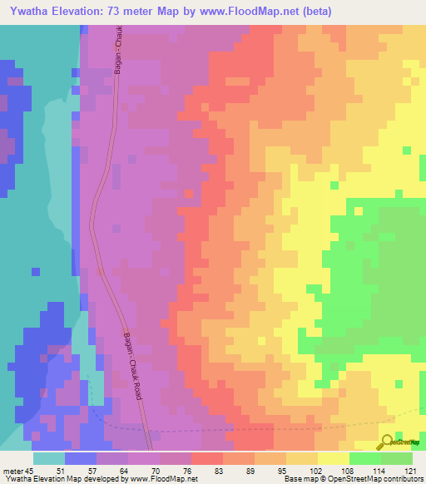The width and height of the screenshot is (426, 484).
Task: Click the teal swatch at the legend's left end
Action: (x=49, y=458)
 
